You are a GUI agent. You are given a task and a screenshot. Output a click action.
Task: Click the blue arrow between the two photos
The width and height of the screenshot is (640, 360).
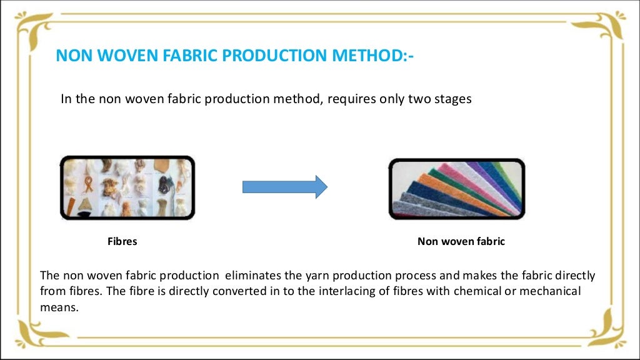coord(284,186)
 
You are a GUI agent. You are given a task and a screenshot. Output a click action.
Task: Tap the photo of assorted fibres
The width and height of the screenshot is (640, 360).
coord(127,187)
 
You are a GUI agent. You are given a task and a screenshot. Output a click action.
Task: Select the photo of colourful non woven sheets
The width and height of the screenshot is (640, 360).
coord(457,188)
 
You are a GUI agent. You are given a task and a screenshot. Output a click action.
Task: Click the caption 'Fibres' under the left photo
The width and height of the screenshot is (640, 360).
coord(122,241)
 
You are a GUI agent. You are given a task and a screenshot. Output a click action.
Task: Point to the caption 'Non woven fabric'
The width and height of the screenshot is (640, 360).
coord(461,241)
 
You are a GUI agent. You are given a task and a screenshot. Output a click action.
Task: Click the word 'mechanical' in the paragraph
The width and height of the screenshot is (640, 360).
coord(553,291)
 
